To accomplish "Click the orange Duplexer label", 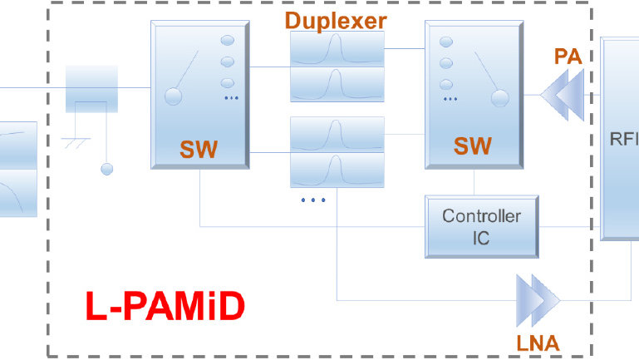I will [336, 20].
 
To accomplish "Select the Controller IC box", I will [481, 227].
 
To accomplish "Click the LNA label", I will [536, 341].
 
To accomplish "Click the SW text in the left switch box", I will [199, 150].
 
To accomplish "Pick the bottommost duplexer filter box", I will [337, 170].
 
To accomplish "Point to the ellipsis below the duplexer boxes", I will [313, 200].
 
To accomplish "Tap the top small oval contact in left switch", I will [227, 41].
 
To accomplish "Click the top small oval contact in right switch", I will [446, 42].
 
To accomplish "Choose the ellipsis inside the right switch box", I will [450, 99].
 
